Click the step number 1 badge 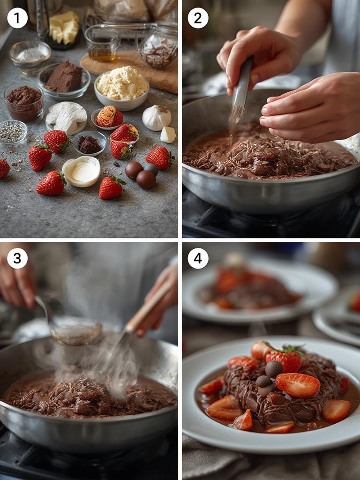(17, 18)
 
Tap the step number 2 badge (198, 18)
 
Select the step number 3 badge (17, 258)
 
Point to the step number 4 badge (198, 258)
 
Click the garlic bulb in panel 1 (157, 118)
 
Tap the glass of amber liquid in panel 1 (102, 43)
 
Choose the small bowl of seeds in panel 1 (13, 132)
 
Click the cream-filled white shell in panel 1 (81, 171)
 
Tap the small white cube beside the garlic (168, 135)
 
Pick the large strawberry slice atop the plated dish (298, 385)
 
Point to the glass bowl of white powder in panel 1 (30, 57)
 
